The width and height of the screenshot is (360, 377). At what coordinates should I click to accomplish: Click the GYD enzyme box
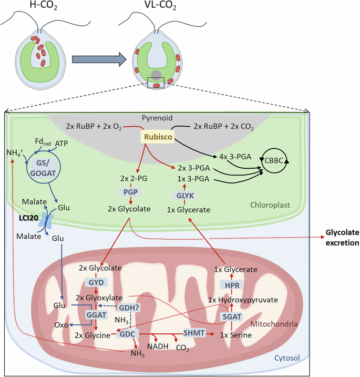coord(96,282)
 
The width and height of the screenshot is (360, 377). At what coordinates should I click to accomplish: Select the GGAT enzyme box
coord(96,313)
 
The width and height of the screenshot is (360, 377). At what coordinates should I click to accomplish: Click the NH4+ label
coord(13,152)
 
